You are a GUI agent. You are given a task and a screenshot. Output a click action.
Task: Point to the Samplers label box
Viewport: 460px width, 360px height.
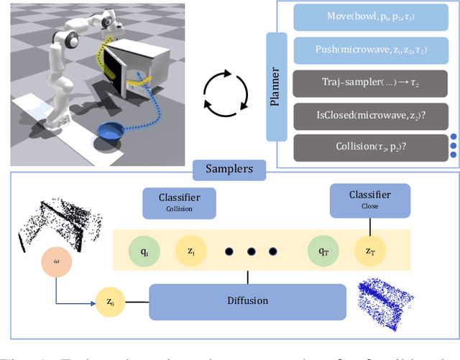[229, 170]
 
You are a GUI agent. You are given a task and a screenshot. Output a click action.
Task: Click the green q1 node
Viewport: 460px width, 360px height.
[144, 252]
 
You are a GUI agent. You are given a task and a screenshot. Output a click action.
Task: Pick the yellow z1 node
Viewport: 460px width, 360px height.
[190, 252]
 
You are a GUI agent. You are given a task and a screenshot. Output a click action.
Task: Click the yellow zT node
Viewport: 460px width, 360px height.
[370, 252]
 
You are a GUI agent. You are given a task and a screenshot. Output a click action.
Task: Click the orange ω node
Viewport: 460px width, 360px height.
[57, 261]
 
